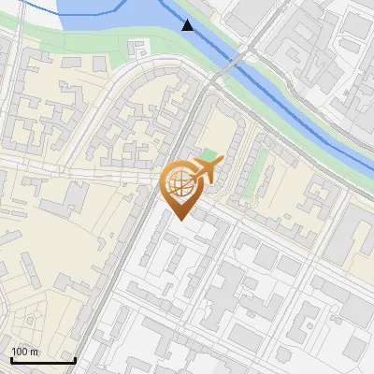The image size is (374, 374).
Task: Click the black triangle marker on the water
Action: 188,25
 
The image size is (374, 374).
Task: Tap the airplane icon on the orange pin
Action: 203,169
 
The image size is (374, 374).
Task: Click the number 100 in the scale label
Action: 20,352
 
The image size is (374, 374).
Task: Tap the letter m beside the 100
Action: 35,352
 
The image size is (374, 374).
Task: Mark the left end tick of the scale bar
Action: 10,359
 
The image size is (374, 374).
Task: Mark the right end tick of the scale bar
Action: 75,359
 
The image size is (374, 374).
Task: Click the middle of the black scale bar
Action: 43,361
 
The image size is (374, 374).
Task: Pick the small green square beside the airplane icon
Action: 208,153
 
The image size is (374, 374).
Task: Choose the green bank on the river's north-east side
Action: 309,112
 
